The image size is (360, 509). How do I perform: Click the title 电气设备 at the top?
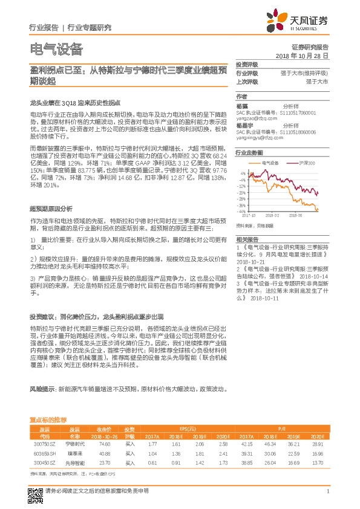(x=56, y=49)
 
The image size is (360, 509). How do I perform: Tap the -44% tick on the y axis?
(x=241, y=212)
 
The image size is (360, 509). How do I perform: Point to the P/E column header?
(x=282, y=429)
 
